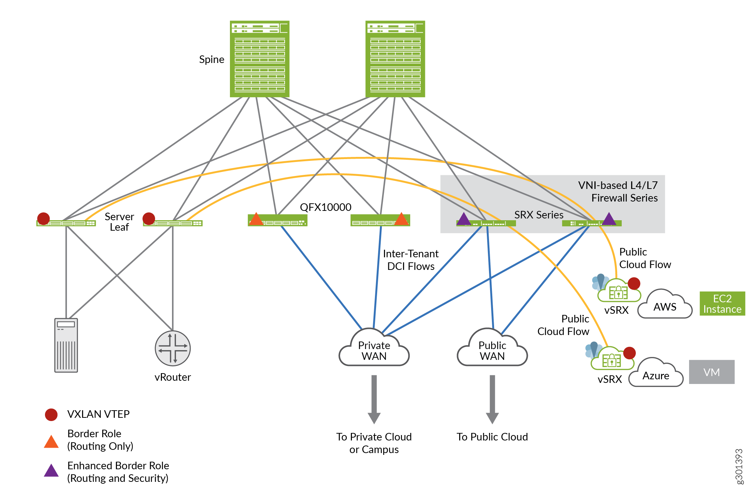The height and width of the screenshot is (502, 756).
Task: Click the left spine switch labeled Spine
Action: coord(259,59)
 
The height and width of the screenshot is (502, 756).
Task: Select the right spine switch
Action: coord(395,59)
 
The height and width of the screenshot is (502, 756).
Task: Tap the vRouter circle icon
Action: coord(173,348)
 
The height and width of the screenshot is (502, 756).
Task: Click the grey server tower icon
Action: coord(66,345)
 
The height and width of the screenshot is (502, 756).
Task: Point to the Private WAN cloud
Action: coord(374,349)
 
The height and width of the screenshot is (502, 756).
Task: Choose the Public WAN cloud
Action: coord(492,349)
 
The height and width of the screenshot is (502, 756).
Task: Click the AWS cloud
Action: coord(665,306)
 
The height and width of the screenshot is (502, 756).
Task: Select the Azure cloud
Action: coord(656,375)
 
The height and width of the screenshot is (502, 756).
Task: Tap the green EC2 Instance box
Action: coord(722,304)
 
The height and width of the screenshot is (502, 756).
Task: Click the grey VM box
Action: coord(712,372)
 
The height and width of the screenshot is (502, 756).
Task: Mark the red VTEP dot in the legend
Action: coord(51,415)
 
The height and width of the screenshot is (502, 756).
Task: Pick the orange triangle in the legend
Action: coord(51,442)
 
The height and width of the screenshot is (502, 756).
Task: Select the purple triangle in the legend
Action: coord(51,471)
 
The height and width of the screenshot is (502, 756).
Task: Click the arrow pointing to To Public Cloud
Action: coord(492,399)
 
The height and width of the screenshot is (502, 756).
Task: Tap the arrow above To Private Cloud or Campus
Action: coord(374,399)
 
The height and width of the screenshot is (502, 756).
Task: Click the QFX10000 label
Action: coord(326,207)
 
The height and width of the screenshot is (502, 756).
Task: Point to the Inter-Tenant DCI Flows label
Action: coord(411,260)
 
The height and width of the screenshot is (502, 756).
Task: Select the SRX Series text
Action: coord(539,215)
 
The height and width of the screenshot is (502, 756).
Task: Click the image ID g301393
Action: coord(739,466)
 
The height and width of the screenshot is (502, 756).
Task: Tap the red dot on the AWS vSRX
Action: coord(634,283)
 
